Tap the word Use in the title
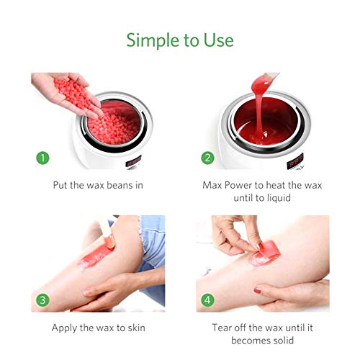tap(218, 40)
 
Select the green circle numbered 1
tap(42, 158)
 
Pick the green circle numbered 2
tap(207, 158)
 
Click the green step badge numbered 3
tap(42, 300)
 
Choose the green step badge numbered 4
tap(207, 300)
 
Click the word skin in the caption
tap(136, 328)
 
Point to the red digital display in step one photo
tap(133, 161)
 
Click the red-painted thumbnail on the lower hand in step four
tap(258, 290)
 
